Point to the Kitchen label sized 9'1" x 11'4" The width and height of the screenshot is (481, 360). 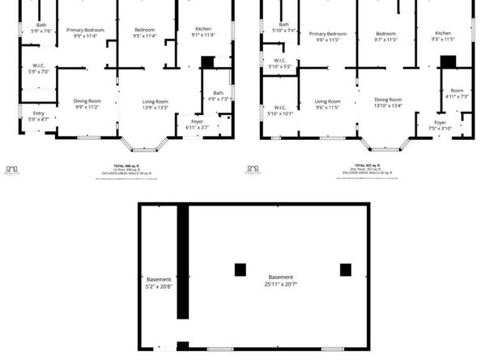202,32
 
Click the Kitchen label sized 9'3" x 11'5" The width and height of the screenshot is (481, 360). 442,35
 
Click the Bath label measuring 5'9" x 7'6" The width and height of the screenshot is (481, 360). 40,28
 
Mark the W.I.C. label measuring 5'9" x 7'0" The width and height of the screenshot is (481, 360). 39,69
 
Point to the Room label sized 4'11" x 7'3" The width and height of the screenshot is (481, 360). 458,93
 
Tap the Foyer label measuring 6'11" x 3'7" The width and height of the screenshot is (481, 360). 198,125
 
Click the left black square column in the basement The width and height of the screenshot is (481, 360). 240,270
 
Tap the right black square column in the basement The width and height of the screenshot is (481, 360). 346,270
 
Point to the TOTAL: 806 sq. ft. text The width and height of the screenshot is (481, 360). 118,165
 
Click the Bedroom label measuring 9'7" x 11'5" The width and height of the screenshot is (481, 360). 386,36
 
